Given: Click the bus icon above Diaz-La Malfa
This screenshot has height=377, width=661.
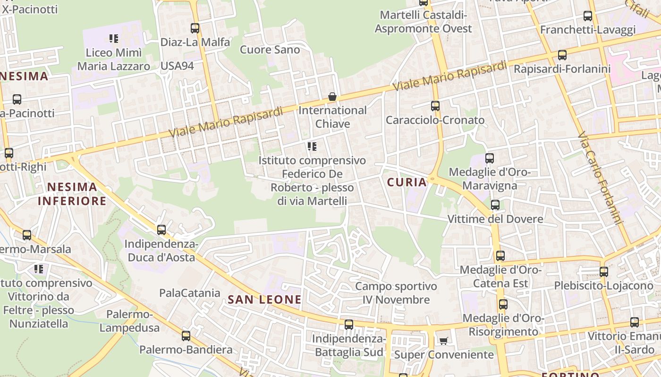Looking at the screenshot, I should coord(195,28).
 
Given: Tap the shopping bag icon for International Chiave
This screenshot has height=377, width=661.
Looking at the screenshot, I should coord(332,97).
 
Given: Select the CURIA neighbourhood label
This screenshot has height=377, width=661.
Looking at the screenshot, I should coord(407,182).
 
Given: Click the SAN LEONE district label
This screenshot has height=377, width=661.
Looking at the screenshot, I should coord(264,299).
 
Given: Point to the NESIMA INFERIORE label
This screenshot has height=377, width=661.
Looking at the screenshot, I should coord(72,194).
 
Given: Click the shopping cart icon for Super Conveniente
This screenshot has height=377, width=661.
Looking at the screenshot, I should coord(443,340).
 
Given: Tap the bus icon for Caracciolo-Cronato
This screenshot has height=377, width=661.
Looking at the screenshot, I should coord(435,106).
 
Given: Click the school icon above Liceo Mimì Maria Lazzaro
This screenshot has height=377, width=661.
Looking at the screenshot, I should coord(113,38).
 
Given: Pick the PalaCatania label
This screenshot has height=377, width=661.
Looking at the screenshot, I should coord(190,293).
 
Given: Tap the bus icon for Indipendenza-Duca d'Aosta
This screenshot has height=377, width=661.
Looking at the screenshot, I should coord(161,230).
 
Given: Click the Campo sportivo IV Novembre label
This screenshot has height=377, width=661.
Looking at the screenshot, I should coord(396,293).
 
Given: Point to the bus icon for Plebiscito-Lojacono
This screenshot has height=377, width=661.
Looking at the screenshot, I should coord(604,272).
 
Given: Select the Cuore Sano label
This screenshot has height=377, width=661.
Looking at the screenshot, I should coord(270,49).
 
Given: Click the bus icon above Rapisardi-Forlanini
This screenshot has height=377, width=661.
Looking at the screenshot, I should coord(562,55).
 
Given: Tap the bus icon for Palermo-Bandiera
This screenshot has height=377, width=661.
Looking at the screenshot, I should coord(186,336).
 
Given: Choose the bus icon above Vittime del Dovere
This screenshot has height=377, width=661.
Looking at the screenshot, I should coord(495,205).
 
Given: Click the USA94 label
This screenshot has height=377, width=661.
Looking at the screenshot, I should coord(177,66).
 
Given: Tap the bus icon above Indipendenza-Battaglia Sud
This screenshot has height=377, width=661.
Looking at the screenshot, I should coord(348,325).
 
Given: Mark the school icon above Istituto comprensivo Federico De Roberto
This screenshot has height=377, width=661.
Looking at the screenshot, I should coord(312,147).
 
